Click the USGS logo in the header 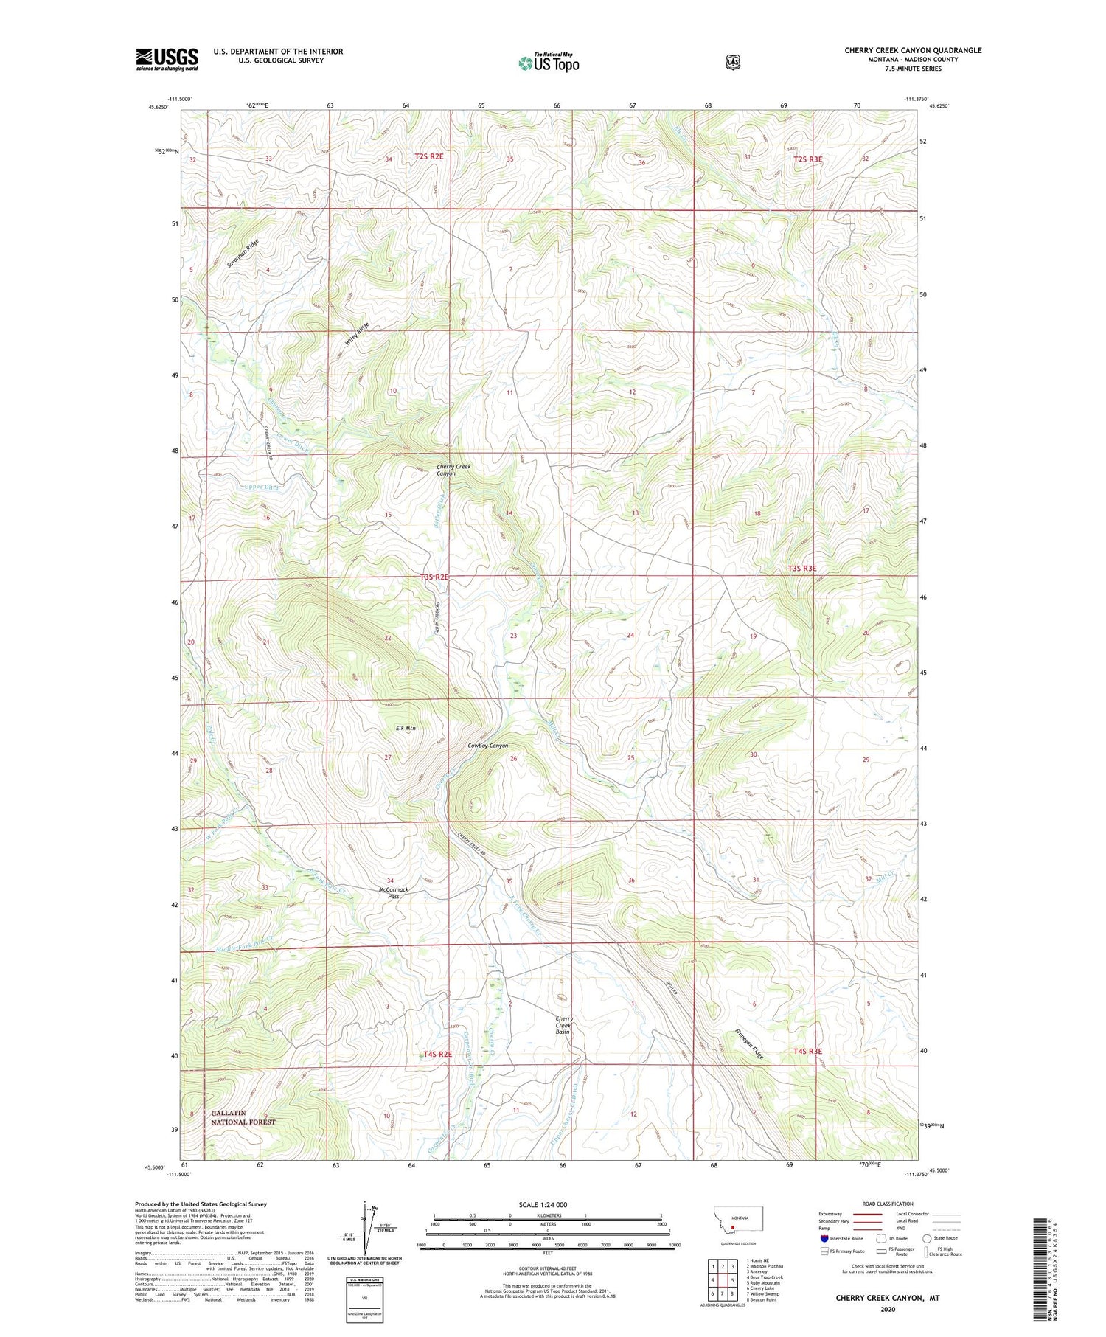[167, 59]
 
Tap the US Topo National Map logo [549, 62]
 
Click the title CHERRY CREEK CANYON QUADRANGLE [913, 50]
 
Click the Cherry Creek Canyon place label [453, 470]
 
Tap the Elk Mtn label [406, 728]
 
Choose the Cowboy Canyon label [487, 746]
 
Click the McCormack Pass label [393, 892]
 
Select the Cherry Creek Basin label [563, 1025]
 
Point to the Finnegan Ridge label [749, 1043]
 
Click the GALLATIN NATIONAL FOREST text [243, 1117]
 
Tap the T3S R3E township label [801, 568]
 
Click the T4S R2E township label [437, 1054]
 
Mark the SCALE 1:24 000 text [548, 1204]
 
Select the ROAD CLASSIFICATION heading [876, 1204]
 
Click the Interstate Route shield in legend [824, 1238]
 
